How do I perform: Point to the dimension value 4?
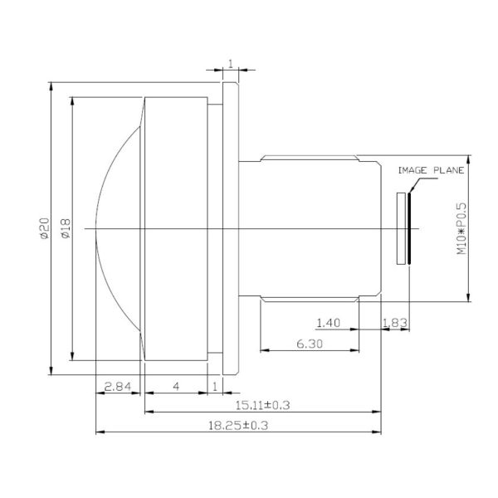click(176, 387)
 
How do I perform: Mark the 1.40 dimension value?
click(330, 321)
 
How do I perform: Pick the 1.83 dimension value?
click(394, 321)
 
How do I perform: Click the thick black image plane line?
click(409, 228)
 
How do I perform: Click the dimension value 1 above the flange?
click(230, 63)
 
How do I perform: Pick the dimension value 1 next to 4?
click(216, 387)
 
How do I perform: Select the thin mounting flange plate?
click(230, 228)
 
